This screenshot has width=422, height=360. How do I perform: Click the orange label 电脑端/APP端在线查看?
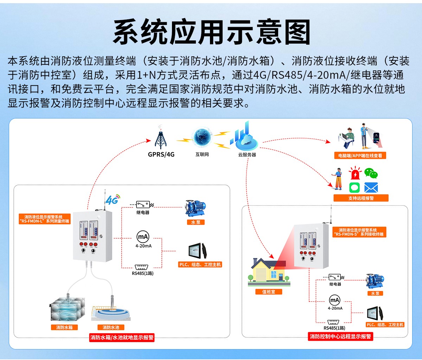pos(360,155)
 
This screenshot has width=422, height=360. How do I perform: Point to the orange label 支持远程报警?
pos(361,198)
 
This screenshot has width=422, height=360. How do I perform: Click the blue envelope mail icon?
pos(371,187)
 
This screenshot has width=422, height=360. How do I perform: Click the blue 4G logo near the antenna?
pos(112,200)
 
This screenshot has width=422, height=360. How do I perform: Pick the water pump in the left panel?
pos(196,208)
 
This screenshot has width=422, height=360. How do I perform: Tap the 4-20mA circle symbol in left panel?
pos(143,237)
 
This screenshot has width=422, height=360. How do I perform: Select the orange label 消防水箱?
pos(64,327)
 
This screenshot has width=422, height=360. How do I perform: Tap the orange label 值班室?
pos(269,292)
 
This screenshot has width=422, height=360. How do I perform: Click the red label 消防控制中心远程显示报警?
pos(340,336)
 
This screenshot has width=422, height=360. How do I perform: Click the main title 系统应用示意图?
pos(211,32)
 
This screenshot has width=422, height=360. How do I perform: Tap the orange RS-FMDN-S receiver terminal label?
pos(359,232)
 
